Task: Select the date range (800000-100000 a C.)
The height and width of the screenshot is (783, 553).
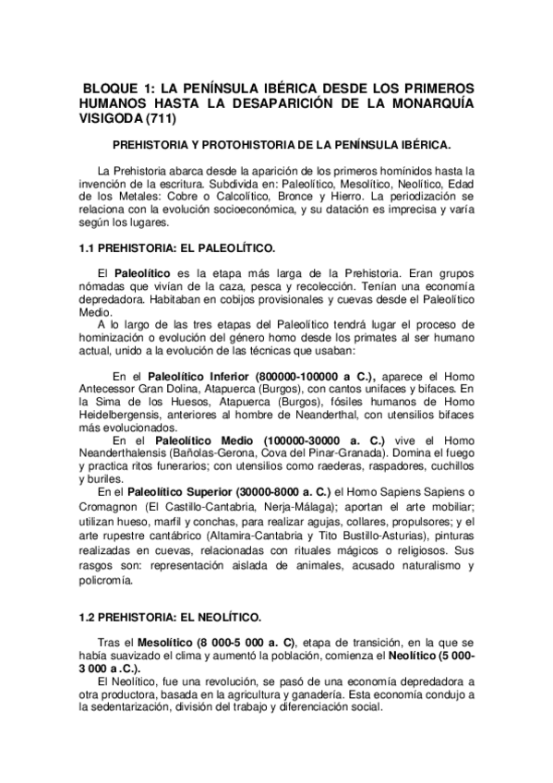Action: point(306,377)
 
